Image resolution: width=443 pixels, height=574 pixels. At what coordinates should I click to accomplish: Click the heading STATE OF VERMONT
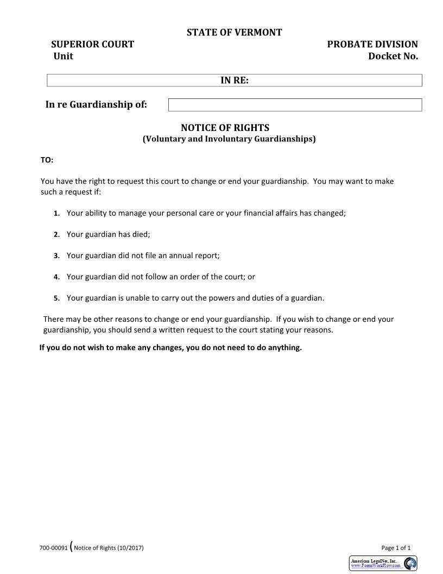click(234, 33)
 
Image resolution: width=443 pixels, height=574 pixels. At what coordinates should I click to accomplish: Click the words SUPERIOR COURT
click(92, 45)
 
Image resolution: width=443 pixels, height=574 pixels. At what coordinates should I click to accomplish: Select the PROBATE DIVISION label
click(372, 45)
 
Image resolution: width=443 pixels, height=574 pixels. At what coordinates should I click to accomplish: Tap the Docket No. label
click(393, 57)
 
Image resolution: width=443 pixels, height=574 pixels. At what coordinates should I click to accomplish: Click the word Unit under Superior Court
click(64, 57)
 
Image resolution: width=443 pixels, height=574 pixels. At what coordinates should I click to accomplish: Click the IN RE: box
click(235, 80)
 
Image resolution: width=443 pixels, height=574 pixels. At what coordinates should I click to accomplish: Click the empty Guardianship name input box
click(295, 105)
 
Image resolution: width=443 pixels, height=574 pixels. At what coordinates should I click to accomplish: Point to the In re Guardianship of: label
click(96, 105)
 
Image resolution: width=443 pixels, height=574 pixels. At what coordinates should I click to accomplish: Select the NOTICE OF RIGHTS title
click(225, 128)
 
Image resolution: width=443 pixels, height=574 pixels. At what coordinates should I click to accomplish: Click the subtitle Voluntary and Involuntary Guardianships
click(229, 139)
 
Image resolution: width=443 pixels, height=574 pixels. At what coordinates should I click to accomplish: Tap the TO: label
click(47, 160)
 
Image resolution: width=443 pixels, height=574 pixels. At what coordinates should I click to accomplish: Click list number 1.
click(56, 214)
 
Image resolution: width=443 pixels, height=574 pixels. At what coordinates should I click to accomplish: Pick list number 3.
click(56, 256)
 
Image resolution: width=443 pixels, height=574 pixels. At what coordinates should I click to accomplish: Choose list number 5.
click(56, 298)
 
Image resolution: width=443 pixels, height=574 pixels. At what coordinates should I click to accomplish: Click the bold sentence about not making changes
click(170, 348)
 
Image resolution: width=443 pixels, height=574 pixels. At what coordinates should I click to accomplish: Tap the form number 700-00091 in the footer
click(53, 548)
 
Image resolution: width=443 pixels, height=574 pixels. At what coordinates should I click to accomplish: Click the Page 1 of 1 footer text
click(396, 548)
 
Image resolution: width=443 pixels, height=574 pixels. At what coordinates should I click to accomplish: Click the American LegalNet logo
click(383, 563)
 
